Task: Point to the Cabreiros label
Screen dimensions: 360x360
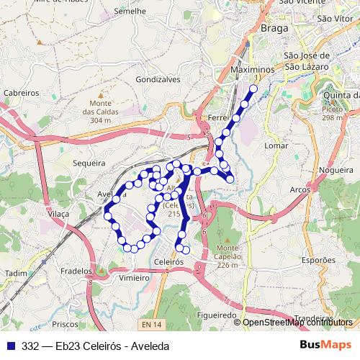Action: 21,93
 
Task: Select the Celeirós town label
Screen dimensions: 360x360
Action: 171,263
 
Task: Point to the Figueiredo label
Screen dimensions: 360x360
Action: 216,315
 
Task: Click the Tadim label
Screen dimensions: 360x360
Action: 15,274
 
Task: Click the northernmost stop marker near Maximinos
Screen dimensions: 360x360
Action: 253,89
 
